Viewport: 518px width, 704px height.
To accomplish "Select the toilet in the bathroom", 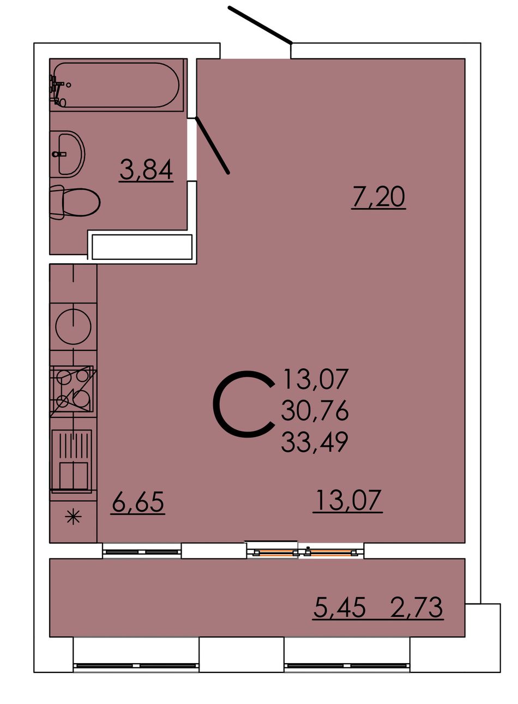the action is pyautogui.click(x=75, y=202).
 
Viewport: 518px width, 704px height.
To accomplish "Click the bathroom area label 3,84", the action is pyautogui.click(x=146, y=170).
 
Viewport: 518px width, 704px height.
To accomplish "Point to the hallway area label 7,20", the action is pyautogui.click(x=378, y=197).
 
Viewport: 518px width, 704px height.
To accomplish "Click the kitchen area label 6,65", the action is pyautogui.click(x=138, y=502).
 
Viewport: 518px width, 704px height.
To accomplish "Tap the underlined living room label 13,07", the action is pyautogui.click(x=348, y=500).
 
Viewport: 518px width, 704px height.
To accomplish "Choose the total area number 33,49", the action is pyautogui.click(x=315, y=441).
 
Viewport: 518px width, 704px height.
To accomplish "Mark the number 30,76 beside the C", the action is pyautogui.click(x=315, y=410).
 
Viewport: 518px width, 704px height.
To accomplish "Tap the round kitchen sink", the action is pyautogui.click(x=73, y=326).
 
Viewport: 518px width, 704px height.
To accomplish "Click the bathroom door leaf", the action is pyautogui.click(x=212, y=145).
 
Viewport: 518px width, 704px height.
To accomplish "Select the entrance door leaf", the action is pyautogui.click(x=260, y=25).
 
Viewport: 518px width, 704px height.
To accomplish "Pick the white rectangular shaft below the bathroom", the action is pyautogui.click(x=142, y=247).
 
